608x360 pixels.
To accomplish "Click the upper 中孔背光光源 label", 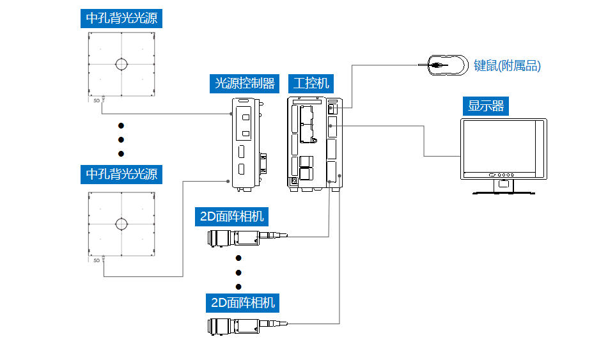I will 121,18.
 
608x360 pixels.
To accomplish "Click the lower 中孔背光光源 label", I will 121,173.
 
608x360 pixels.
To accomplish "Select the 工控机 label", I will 311,83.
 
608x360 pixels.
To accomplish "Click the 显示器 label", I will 486,106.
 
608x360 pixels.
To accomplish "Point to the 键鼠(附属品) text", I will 507,66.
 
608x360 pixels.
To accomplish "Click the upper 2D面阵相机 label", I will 231,216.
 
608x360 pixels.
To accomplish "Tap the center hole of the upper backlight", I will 121,64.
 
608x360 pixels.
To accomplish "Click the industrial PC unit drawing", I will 315,142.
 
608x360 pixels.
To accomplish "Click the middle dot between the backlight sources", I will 121,139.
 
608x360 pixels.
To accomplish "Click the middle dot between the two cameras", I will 238,272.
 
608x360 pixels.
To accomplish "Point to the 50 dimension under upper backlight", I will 97,101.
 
